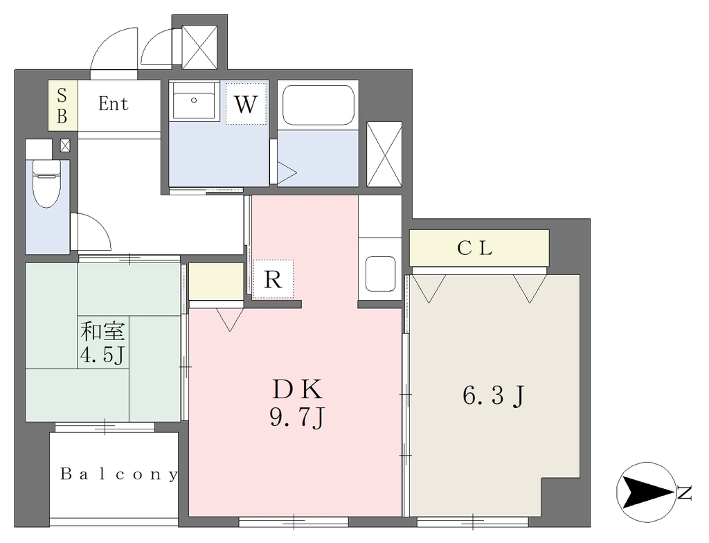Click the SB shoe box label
tap(62, 106)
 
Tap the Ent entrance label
tap(113, 104)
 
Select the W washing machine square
tap(246, 103)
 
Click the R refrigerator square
tap(273, 279)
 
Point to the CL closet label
tap(474, 248)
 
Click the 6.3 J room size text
tap(493, 396)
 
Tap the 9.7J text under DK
tap(298, 417)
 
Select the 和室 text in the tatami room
tap(102, 331)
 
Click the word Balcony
tap(119, 474)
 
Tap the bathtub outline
tap(318, 105)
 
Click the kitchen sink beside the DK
tap(380, 274)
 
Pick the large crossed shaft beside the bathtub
tap(384, 154)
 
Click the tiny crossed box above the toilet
tap(65, 145)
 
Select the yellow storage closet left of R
tap(216, 281)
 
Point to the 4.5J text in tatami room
tap(102, 355)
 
